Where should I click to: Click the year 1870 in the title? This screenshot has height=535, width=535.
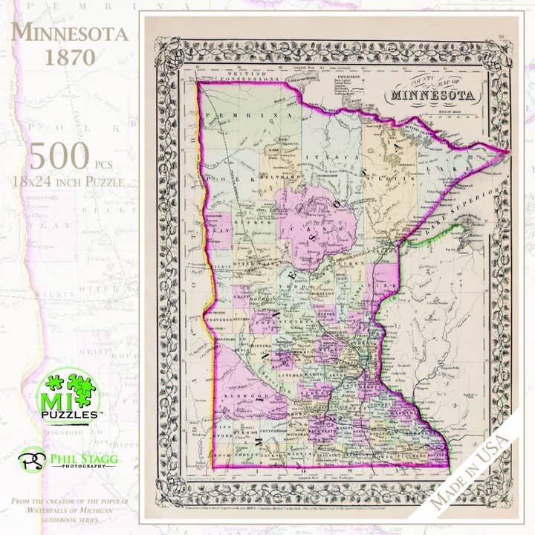pyautogui.click(x=69, y=58)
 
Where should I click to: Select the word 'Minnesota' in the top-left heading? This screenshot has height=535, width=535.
pyautogui.click(x=69, y=33)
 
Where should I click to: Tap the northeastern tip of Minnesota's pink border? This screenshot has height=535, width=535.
pyautogui.click(x=509, y=152)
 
